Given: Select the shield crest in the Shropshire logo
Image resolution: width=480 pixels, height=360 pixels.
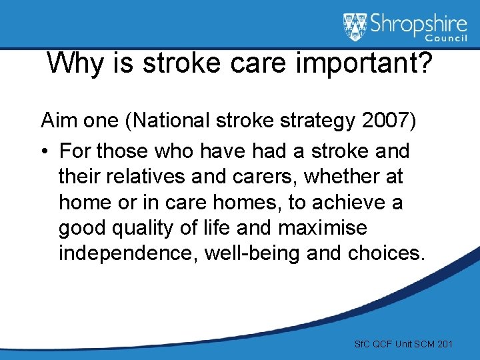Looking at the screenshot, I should click(355, 27).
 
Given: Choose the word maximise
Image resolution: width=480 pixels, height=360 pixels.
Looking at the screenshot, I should click(323, 228).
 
